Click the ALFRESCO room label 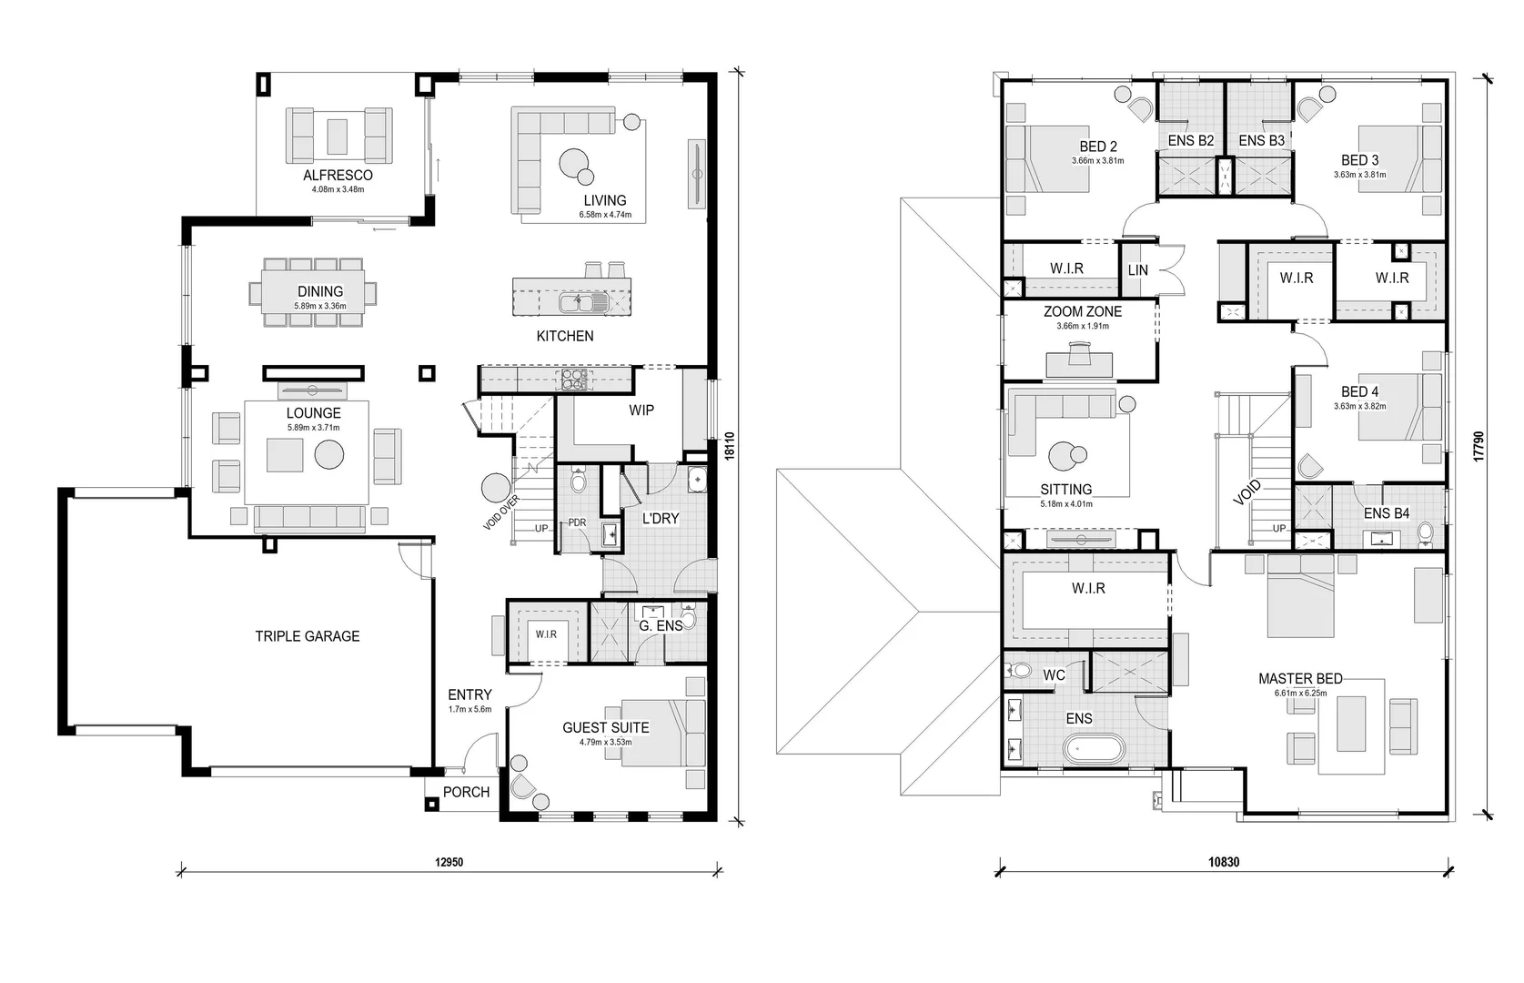[x=338, y=175]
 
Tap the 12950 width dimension [x=449, y=862]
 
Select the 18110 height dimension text [x=730, y=446]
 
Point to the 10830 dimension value [x=1224, y=862]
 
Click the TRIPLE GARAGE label [x=308, y=636]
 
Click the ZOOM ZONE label [x=1083, y=312]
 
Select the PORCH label [x=466, y=792]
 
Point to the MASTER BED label [x=1300, y=679]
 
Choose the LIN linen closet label [x=1137, y=270]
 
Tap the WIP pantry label [x=641, y=410]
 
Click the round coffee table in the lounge [x=329, y=455]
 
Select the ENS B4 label [x=1387, y=513]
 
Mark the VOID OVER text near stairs [x=501, y=512]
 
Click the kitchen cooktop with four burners [x=573, y=380]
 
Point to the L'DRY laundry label [x=661, y=518]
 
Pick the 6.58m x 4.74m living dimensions [x=605, y=215]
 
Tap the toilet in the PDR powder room [x=579, y=480]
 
